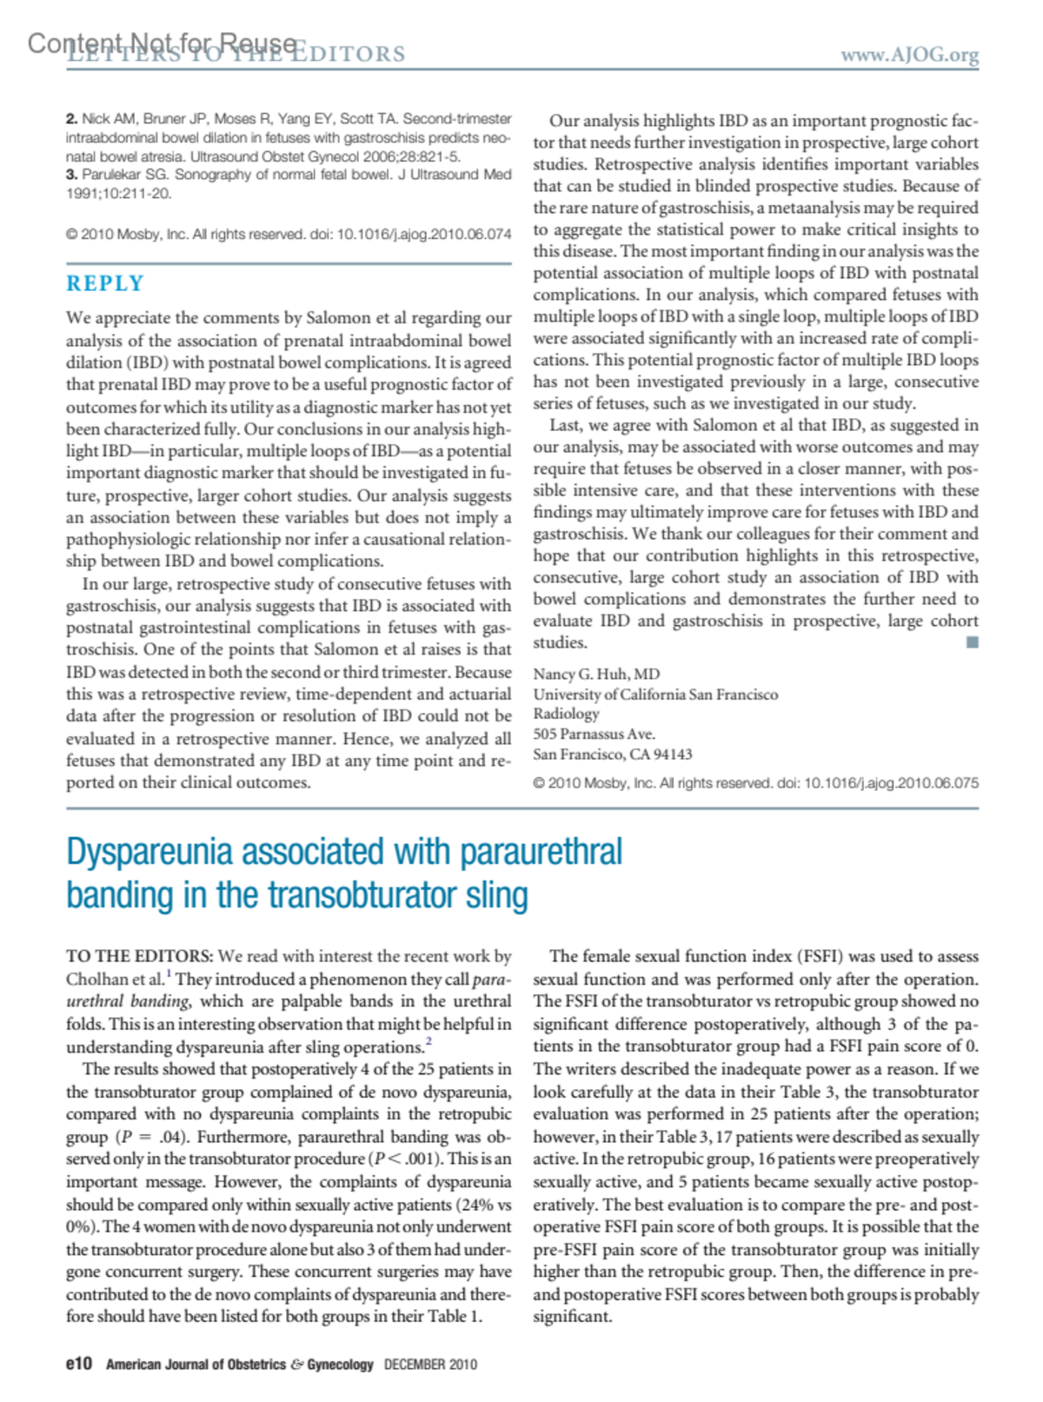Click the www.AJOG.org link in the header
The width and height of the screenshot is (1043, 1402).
point(909,55)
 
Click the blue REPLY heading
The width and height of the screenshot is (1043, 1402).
point(105,283)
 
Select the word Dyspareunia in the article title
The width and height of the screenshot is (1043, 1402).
point(150,852)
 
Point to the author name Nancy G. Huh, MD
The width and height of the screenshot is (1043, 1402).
point(596,674)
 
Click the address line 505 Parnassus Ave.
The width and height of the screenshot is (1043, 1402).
point(594,734)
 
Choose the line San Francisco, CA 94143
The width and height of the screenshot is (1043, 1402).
point(613,754)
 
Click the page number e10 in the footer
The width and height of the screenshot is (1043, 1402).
point(79,1364)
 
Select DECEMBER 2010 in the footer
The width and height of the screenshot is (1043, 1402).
point(430,1365)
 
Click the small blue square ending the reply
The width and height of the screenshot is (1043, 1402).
point(972,642)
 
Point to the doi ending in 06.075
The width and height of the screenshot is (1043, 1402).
point(891,783)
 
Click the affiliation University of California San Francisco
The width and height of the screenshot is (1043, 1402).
point(655,694)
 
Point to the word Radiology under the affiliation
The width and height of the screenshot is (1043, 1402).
point(566,714)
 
